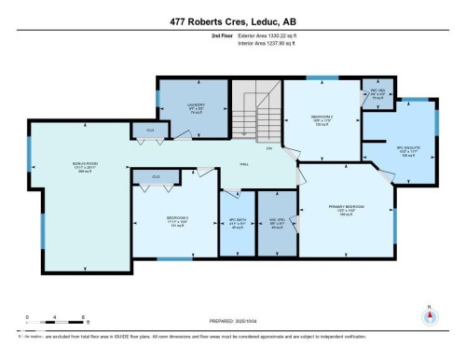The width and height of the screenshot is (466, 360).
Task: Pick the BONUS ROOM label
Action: [x=86, y=167]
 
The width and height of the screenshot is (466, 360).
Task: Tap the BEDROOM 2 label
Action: [x=322, y=119]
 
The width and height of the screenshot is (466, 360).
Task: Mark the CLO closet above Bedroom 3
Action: [x=156, y=175]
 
